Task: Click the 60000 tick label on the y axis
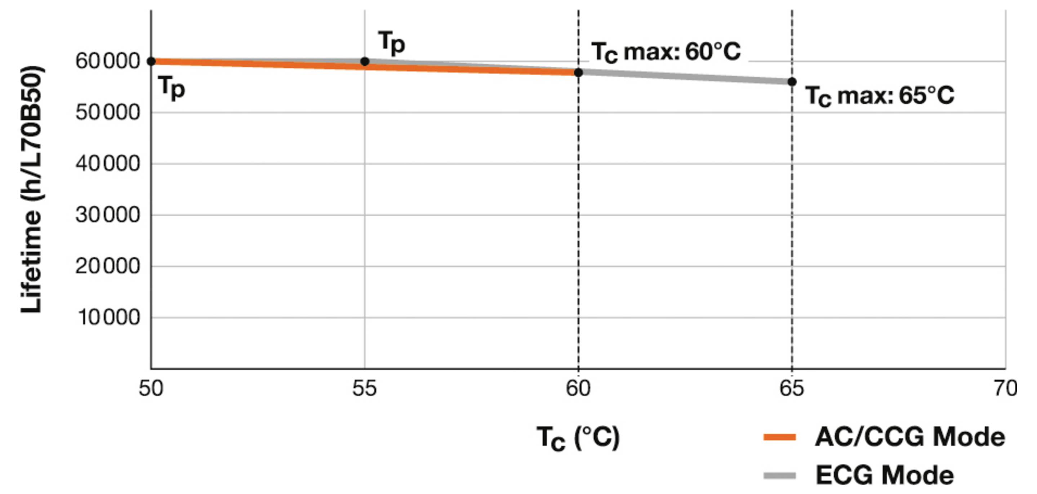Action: pos(107,62)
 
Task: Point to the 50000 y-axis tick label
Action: pos(107,113)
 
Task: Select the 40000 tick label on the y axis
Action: pos(107,164)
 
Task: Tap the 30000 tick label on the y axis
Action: pos(107,215)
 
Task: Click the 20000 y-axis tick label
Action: pos(107,266)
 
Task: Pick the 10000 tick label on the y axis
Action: pos(109,318)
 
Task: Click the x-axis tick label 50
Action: pos(151,389)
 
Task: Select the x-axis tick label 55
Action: pos(364,389)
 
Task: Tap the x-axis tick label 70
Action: pos(1005,389)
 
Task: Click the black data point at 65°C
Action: pos(792,82)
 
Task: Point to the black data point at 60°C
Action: pos(578,73)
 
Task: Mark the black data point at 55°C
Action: pos(365,62)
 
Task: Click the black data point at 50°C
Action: pos(151,62)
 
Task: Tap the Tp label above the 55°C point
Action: pos(391,42)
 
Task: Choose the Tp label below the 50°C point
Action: pos(172,88)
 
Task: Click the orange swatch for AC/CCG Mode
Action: pos(780,437)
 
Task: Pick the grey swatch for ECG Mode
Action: pos(780,476)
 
